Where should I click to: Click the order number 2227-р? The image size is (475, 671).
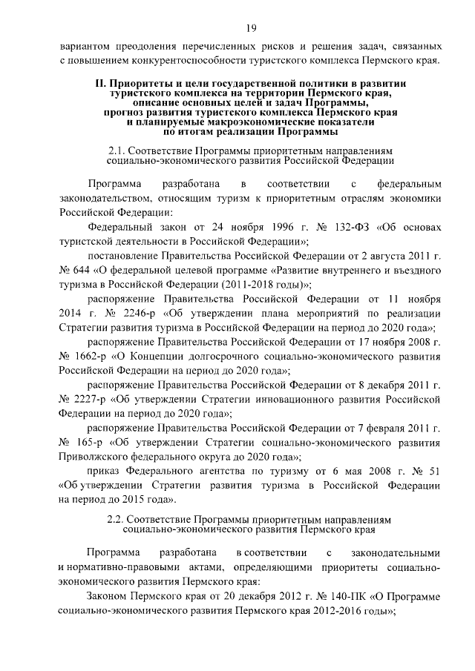tap(91, 400)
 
